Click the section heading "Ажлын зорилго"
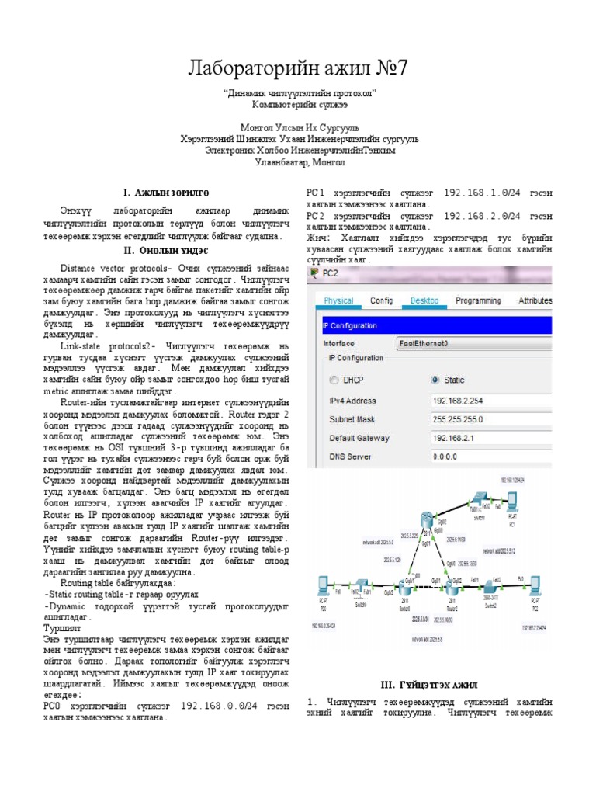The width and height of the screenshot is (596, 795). tap(166, 191)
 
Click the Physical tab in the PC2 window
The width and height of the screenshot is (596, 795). tap(338, 300)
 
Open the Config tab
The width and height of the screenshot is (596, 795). tap(381, 300)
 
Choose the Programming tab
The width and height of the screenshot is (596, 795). tap(478, 300)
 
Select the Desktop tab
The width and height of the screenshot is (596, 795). tap(424, 300)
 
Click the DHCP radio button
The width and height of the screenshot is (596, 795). tap(334, 380)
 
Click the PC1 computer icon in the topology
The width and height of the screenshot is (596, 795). tap(512, 501)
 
